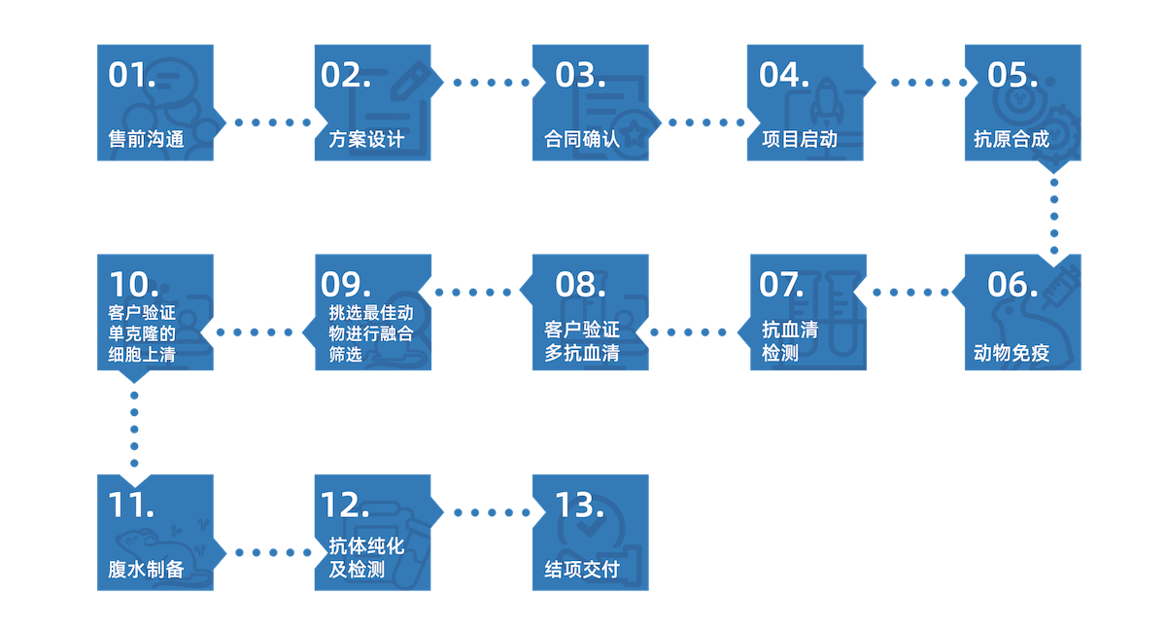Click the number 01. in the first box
pyautogui.click(x=132, y=75)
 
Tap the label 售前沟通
pyautogui.click(x=146, y=139)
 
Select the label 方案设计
pyautogui.click(x=360, y=139)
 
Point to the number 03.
pyautogui.click(x=580, y=75)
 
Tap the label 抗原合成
pyautogui.click(x=1012, y=139)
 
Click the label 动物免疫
pyautogui.click(x=1012, y=353)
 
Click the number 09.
pyautogui.click(x=347, y=285)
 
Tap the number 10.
pyautogui.click(x=134, y=285)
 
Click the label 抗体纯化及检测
pyautogui.click(x=366, y=558)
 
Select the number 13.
pyautogui.click(x=580, y=506)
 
